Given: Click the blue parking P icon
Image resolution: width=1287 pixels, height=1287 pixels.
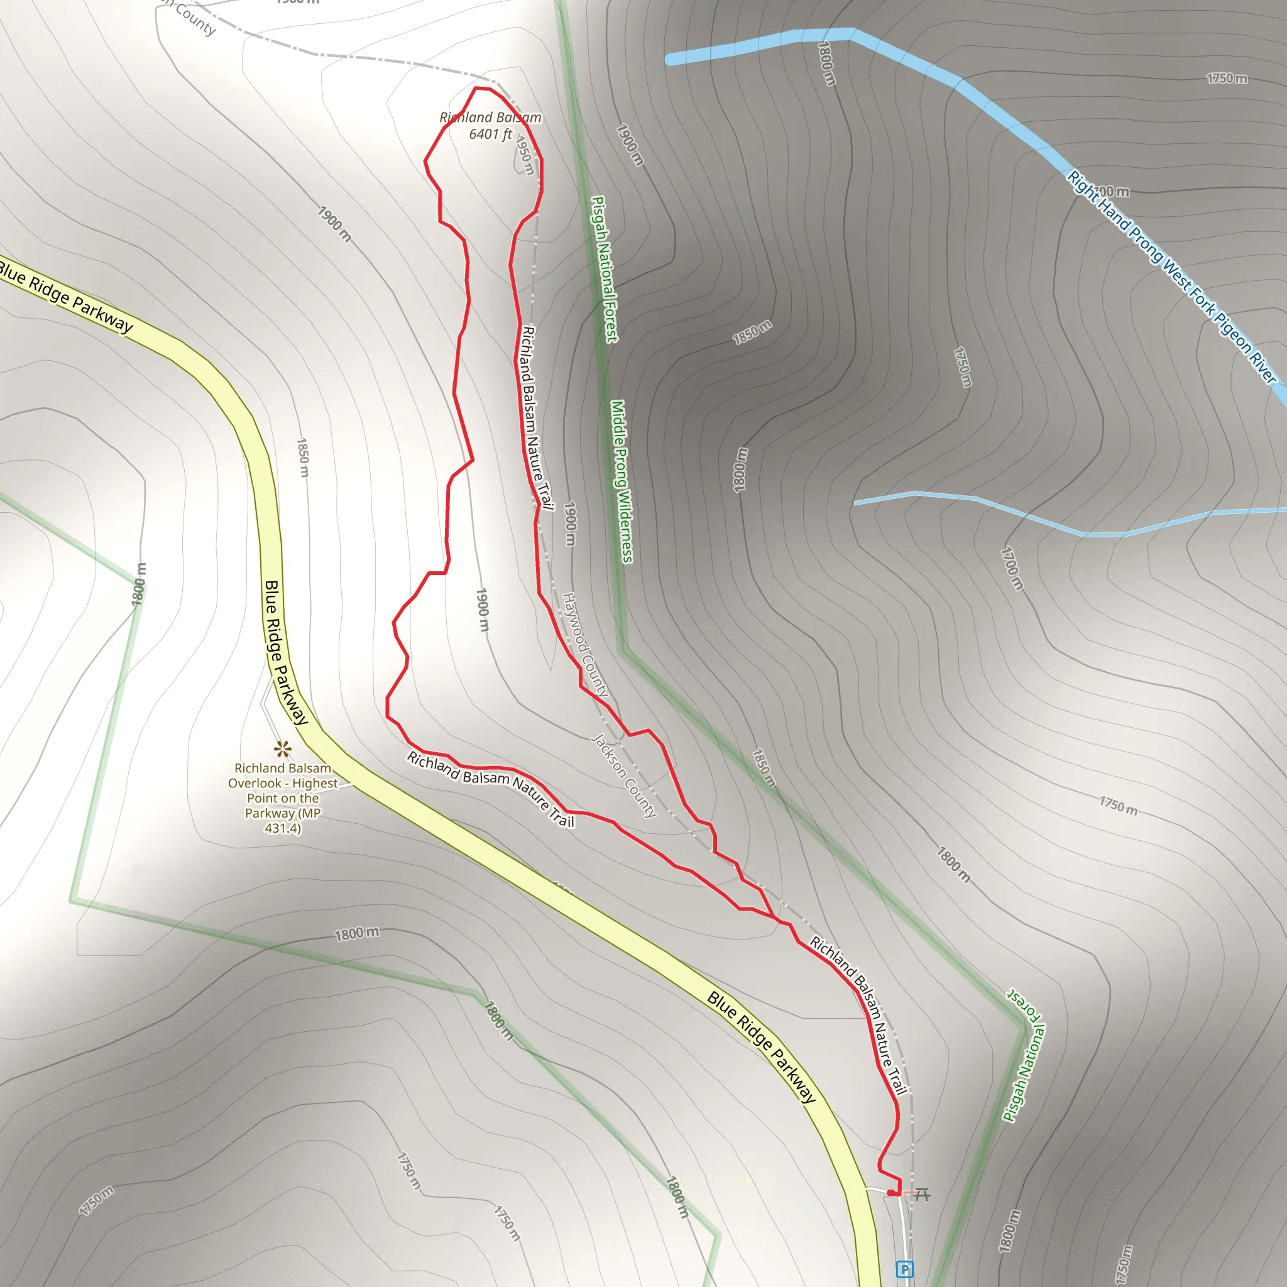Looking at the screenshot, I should tap(904, 1269).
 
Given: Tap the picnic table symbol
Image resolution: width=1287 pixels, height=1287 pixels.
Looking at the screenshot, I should tap(921, 1194).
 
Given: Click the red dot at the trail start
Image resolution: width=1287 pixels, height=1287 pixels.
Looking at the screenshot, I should tap(890, 1192).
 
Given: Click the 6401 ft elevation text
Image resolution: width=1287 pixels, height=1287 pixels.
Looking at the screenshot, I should tap(490, 134).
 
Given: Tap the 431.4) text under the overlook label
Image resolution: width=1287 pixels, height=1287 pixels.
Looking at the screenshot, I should tap(282, 828).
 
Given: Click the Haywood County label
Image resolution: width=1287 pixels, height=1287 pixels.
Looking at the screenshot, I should tap(585, 644).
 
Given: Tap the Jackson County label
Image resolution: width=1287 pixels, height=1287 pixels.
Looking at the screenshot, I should tap(624, 775).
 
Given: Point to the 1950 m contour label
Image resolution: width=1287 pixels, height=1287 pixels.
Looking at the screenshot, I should tap(525, 155).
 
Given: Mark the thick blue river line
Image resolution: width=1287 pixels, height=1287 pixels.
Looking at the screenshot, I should tap(933, 67).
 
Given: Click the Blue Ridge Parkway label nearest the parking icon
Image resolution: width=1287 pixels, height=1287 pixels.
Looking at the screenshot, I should tap(761, 1046).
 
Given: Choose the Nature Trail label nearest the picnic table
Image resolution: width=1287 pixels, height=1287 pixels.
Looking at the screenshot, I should tap(859, 1019).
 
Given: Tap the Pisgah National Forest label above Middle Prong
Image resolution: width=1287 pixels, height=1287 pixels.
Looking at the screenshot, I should tap(604, 269).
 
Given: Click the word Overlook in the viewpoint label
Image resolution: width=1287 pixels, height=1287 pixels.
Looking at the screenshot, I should tap(255, 784).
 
